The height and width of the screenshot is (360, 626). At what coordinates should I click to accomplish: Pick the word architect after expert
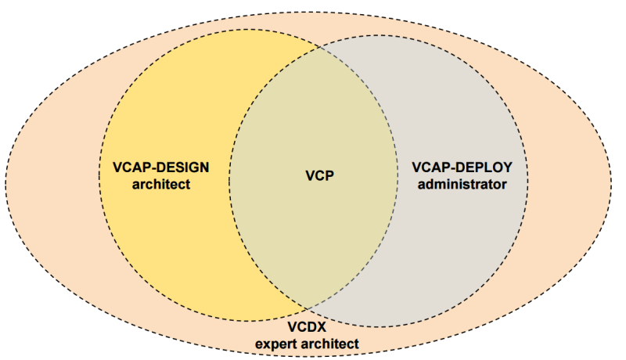pos(331,344)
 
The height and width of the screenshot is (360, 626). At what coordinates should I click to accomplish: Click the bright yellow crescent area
pos(156,235)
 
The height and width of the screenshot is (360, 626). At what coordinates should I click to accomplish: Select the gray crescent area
pos(469,235)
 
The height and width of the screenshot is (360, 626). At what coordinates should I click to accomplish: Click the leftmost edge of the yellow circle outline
pos(99,175)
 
